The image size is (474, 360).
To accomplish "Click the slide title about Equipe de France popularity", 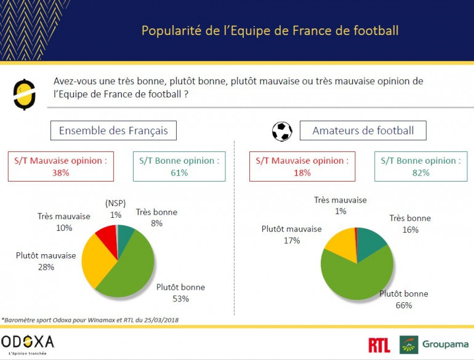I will [270, 30].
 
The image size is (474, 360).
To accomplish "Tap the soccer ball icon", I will [282, 131].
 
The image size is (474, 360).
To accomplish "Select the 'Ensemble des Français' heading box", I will [113, 130].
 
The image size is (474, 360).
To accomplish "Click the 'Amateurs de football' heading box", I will [363, 130].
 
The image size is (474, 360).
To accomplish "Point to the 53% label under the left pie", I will [180, 299].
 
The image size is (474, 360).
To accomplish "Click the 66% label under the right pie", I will [404, 305].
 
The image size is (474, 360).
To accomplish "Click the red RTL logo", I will [379, 345].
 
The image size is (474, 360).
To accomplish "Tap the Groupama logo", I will [434, 345].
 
